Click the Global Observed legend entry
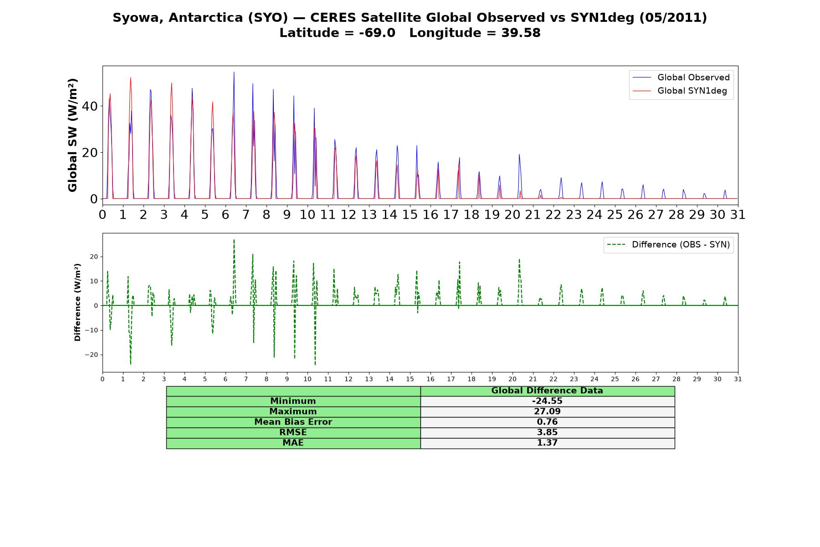click(682, 77)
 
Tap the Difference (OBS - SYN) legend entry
click(669, 245)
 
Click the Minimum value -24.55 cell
click(547, 401)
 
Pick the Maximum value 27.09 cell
click(547, 412)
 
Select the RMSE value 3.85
click(547, 432)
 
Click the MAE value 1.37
click(547, 443)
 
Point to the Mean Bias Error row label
click(293, 422)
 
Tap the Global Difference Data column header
click(547, 391)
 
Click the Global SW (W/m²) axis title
click(72, 135)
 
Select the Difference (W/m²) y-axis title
click(77, 302)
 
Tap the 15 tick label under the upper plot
click(410, 214)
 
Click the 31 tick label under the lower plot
click(738, 379)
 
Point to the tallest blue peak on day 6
click(234, 72)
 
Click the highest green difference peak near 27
click(234, 240)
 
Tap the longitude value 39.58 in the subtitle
click(521, 33)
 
